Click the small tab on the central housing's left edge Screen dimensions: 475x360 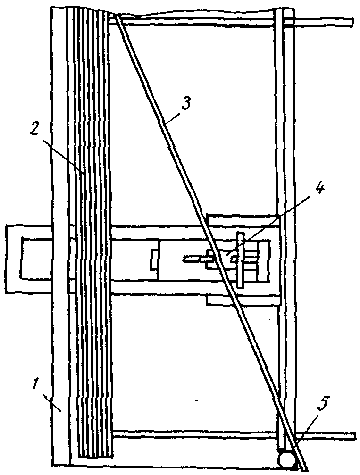153,260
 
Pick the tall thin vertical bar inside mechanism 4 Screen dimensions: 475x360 241,259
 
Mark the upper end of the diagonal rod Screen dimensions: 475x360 115,17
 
